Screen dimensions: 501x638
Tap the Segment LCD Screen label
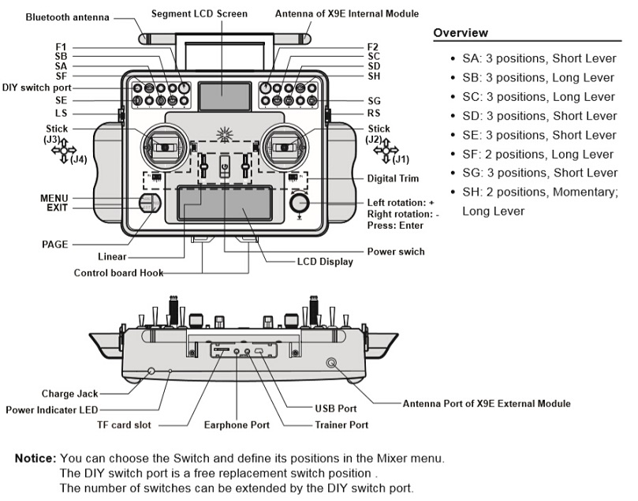(x=199, y=14)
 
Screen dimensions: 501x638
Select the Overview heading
(x=461, y=33)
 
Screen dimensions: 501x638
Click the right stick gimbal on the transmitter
(x=283, y=145)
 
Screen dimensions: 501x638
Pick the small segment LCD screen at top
(x=222, y=96)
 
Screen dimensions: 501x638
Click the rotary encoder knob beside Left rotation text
(x=300, y=204)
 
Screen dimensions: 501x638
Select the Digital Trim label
(x=393, y=179)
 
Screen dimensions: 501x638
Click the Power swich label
(x=396, y=252)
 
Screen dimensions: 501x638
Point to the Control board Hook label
(x=119, y=273)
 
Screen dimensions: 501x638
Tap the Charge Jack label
(x=69, y=393)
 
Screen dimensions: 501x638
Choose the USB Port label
(x=335, y=409)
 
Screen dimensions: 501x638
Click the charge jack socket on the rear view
(x=151, y=370)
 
